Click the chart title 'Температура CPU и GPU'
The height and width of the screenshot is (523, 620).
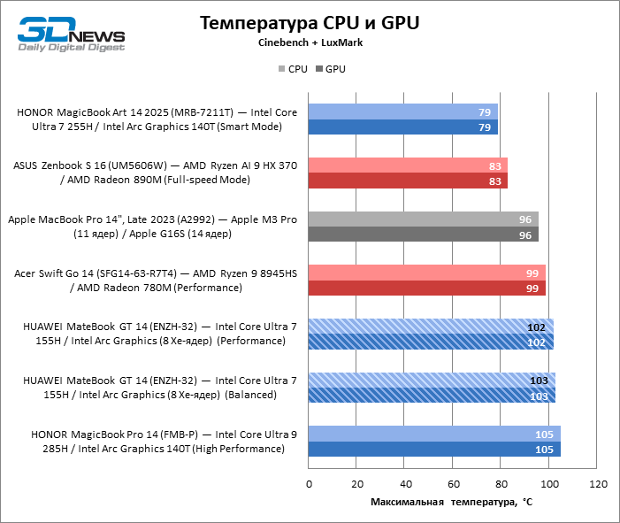310,23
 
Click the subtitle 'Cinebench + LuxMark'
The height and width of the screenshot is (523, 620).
310,42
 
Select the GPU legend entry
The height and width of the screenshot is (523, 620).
331,68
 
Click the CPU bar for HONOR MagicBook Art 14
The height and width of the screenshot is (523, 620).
402,112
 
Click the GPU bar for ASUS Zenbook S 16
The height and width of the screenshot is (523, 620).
408,181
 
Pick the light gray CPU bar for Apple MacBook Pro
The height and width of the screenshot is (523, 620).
423,219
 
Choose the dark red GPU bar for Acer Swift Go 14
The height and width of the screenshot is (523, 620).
426,288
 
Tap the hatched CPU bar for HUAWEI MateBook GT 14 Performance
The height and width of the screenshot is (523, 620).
431,327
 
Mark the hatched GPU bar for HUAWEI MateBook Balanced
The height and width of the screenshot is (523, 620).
432,396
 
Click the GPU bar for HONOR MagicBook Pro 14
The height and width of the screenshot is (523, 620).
434,449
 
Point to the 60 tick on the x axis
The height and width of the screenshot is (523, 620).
453,484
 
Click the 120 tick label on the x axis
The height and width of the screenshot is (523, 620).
598,484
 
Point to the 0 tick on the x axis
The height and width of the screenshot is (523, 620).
309,484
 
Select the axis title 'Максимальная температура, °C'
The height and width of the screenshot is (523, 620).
451,503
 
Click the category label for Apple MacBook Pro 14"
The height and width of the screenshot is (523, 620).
152,227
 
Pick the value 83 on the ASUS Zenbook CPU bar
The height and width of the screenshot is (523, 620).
496,165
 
